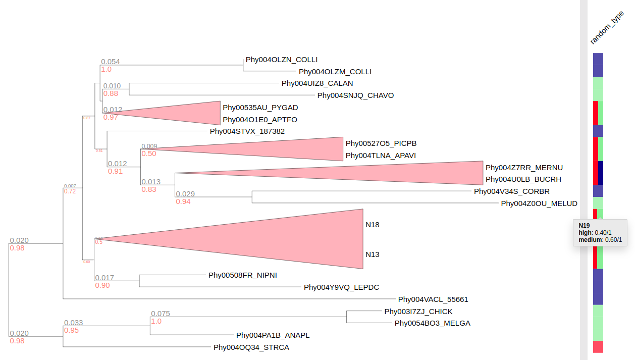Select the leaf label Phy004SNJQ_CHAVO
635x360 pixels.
pos(355,95)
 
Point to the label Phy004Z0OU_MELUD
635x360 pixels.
pos(539,203)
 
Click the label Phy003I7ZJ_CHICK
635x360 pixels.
pos(418,312)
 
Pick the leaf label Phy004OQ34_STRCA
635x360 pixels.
pos(251,347)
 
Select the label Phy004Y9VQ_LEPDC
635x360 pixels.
pos(341,287)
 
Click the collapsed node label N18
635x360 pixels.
pos(373,225)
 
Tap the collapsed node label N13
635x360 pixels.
pos(373,254)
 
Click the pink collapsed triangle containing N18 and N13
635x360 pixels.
pos(303,238)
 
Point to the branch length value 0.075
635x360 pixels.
pos(161,314)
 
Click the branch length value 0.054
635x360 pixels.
pos(111,62)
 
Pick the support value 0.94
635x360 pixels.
pos(183,202)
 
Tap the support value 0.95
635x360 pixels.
pos(71,331)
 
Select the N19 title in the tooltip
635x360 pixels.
pos(584,225)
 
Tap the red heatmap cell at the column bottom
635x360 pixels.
pos(598,347)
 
